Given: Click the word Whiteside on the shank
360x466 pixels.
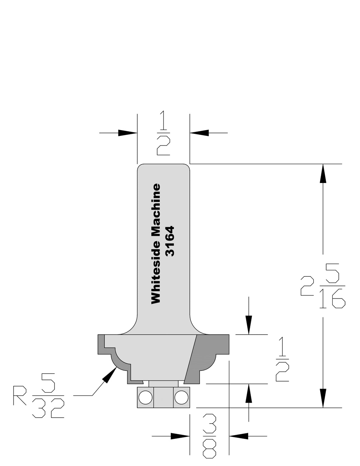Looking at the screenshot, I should point(156,273).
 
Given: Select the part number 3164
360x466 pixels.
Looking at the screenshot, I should point(170,241).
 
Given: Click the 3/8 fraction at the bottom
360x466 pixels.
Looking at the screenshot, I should point(209,436).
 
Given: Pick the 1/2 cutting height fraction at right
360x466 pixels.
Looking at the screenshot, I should point(282,360).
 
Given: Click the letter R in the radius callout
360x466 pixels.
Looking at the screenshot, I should point(19,395).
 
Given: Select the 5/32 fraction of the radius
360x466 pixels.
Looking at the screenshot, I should point(48,395).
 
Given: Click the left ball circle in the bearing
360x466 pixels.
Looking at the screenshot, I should point(145,397).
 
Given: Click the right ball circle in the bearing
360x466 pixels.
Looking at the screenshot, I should point(181,397).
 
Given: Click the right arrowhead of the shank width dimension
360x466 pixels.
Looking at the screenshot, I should point(199,133).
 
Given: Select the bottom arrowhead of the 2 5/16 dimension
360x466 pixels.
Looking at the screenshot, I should point(323,397).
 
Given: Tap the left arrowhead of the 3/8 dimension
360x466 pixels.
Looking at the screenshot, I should point(180,436).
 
